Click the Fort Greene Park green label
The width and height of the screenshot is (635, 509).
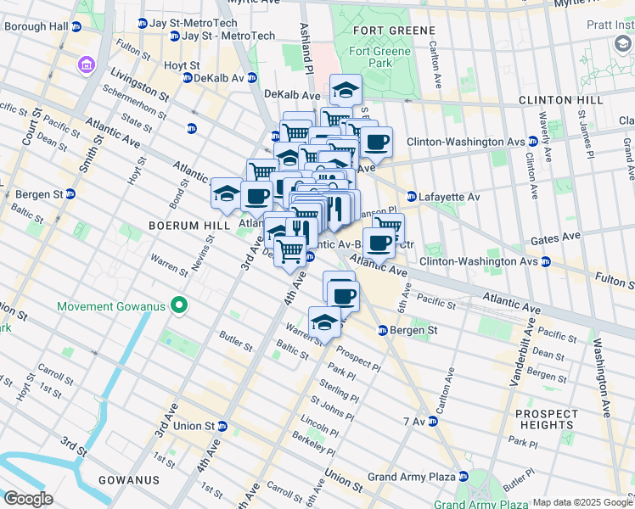tap(379, 57)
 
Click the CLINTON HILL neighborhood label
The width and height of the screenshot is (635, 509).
tap(562, 100)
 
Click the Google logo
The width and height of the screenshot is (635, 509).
tap(28, 499)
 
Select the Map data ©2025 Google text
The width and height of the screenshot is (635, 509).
tap(582, 502)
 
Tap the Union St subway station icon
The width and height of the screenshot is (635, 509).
tap(222, 426)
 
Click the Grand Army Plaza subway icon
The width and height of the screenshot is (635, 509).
tap(464, 477)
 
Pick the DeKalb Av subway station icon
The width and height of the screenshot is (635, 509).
tap(188, 78)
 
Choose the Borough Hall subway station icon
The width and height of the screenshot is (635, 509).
tap(76, 27)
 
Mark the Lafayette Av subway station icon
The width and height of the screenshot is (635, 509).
tap(412, 197)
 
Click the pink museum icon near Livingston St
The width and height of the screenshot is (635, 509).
tap(86, 64)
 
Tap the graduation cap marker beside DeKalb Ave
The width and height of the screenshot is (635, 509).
tap(346, 88)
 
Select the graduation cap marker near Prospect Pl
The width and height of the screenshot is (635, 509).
tap(324, 322)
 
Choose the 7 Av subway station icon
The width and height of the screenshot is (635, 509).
tap(436, 421)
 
